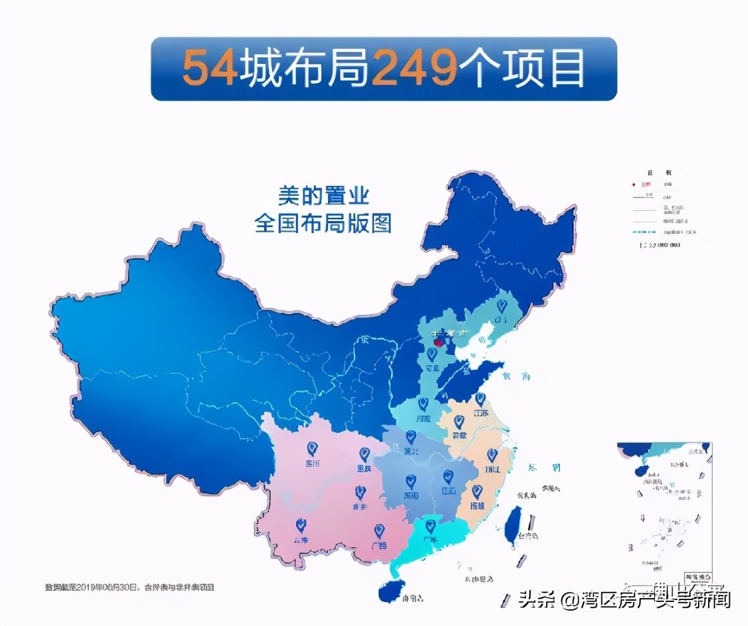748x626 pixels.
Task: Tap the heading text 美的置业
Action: click(323, 196)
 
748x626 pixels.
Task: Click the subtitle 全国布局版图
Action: click(323, 222)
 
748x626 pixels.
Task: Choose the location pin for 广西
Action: click(379, 531)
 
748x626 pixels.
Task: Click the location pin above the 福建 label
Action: click(477, 491)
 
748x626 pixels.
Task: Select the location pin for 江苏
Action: click(479, 400)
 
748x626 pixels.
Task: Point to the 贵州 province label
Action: click(360, 506)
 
